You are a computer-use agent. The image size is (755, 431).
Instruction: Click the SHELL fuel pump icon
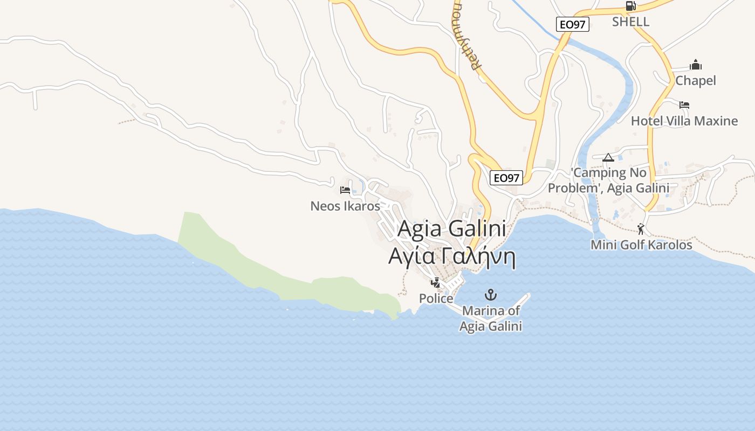click(x=630, y=6)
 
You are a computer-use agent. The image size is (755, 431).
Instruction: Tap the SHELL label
click(x=630, y=22)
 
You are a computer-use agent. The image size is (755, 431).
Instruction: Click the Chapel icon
click(x=696, y=65)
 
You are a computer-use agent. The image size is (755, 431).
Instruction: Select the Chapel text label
click(x=696, y=81)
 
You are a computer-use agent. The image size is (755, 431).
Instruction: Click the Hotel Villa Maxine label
click(x=684, y=121)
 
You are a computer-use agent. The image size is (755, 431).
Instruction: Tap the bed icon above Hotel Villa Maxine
click(x=684, y=105)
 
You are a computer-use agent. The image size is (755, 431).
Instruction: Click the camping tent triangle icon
click(x=608, y=157)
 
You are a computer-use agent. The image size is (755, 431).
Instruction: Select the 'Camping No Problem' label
click(x=608, y=180)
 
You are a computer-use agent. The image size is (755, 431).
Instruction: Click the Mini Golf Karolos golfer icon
click(x=641, y=229)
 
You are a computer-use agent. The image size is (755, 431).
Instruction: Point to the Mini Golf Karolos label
click(x=641, y=245)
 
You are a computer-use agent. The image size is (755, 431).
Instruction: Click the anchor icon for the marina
click(x=491, y=295)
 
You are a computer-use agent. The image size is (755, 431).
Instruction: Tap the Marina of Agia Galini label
click(x=491, y=318)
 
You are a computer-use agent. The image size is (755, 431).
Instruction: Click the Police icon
click(x=435, y=282)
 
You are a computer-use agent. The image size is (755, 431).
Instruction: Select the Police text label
click(x=436, y=298)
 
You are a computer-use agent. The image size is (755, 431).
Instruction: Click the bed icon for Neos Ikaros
click(x=345, y=190)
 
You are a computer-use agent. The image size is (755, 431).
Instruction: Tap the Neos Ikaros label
click(x=345, y=206)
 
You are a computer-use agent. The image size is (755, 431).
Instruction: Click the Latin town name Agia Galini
click(x=451, y=230)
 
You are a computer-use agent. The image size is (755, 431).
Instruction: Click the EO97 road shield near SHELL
click(x=573, y=24)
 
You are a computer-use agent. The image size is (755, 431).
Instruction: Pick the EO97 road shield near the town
click(x=506, y=178)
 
